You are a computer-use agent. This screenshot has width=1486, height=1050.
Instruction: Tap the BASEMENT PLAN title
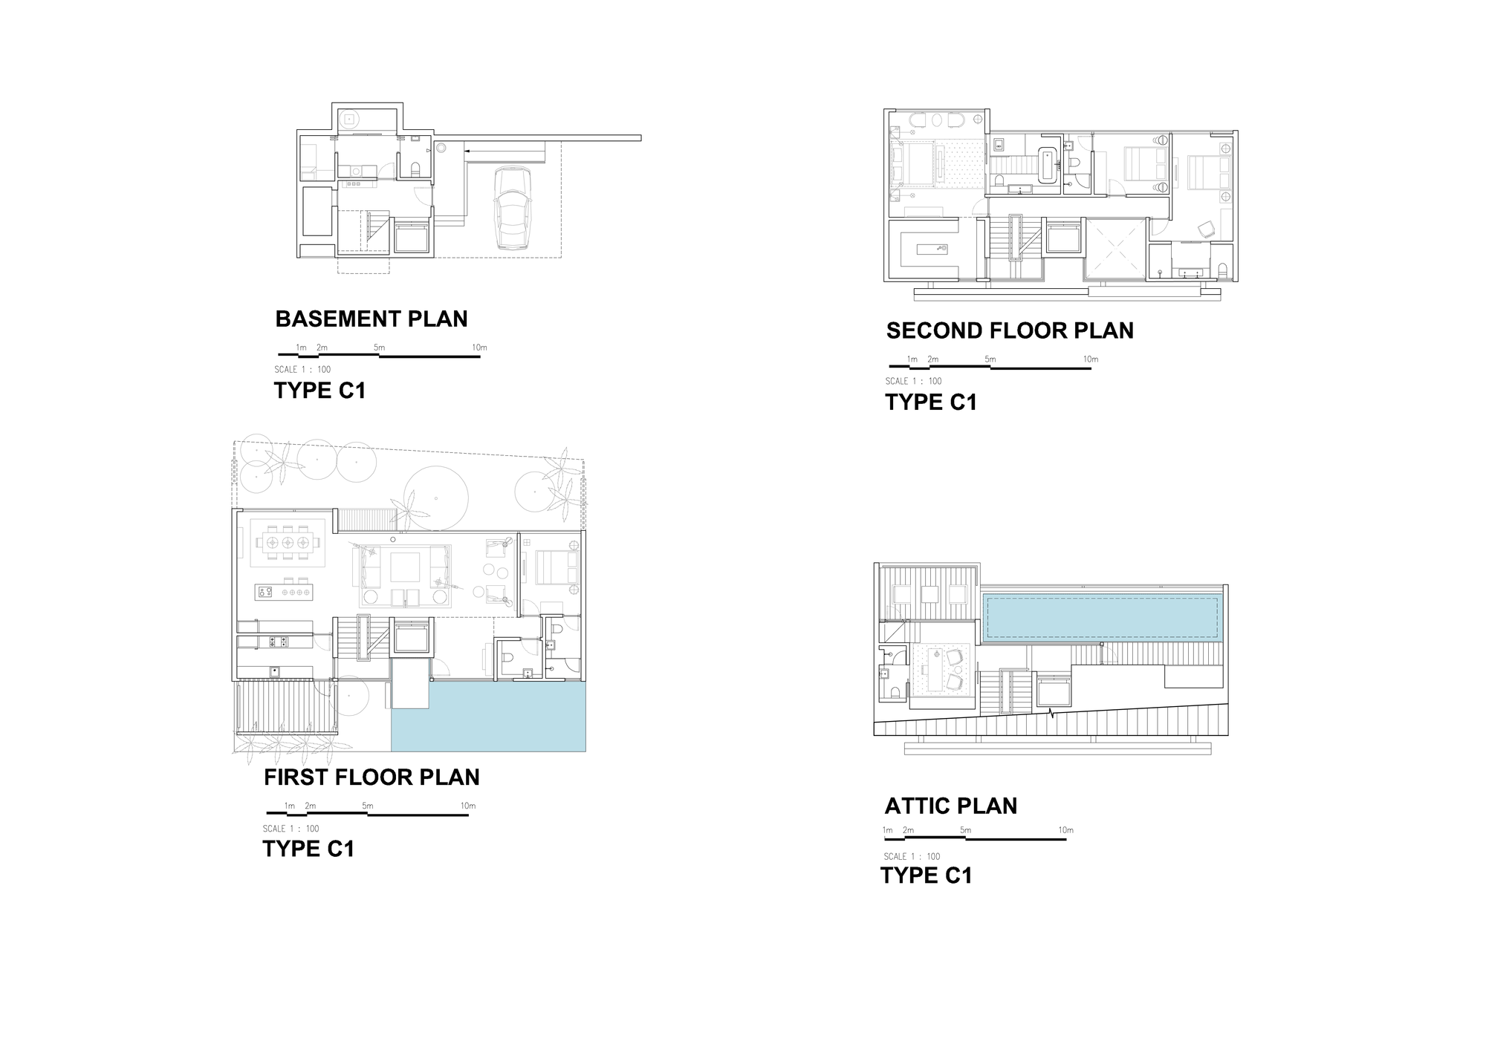[x=371, y=319]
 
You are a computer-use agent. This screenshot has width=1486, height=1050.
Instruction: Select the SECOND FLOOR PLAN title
[x=1010, y=330]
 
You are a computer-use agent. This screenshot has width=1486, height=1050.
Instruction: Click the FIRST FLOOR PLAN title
[x=371, y=777]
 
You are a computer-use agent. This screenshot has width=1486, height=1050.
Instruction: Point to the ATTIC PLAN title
[x=950, y=806]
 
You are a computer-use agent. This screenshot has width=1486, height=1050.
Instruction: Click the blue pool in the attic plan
[x=1101, y=618]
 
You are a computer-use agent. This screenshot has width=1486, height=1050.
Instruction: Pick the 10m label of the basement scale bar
[x=479, y=348]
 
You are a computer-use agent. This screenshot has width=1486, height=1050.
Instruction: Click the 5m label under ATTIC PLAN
[x=965, y=830]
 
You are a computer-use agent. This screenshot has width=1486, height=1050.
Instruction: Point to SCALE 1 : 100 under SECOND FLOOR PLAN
[x=913, y=381]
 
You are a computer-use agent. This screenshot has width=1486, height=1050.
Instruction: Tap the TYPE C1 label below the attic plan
[x=927, y=875]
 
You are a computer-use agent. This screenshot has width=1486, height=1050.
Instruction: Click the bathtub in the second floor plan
[x=1048, y=165]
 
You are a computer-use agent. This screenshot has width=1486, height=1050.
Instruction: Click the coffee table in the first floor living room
[x=405, y=567]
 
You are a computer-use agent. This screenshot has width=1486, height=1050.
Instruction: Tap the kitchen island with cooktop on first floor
[x=284, y=592]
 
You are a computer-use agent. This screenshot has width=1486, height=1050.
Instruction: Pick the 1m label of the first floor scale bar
[x=290, y=806]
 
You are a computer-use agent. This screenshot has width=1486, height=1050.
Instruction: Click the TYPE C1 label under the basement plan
[x=320, y=391]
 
